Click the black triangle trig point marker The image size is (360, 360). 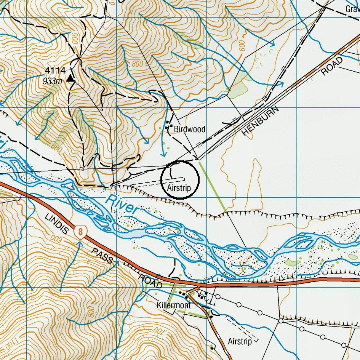[x=70, y=78]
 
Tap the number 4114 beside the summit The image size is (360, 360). [x=55, y=70]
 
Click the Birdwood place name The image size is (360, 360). [x=189, y=130]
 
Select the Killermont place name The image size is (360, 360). [x=174, y=306]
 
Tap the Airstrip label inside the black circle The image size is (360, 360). [x=179, y=188]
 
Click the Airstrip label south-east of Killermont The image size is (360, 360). [x=240, y=341]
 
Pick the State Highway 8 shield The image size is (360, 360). [x=80, y=232]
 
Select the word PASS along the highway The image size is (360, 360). [x=102, y=255]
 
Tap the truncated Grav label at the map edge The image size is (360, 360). [x=352, y=8]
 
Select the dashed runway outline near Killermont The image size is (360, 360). [x=242, y=329]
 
